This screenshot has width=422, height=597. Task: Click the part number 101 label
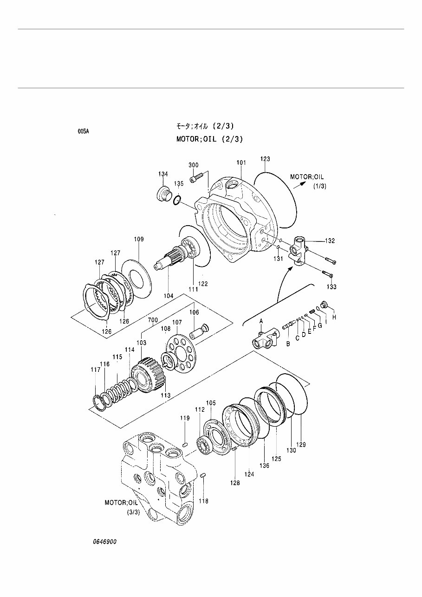(x=241, y=163)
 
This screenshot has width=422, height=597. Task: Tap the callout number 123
(x=265, y=159)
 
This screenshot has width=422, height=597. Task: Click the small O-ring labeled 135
(x=177, y=200)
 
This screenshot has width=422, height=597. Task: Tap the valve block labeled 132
(x=297, y=250)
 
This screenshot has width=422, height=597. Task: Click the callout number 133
(x=331, y=287)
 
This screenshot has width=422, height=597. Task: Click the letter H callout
(x=333, y=317)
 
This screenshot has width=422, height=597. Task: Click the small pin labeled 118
(x=203, y=475)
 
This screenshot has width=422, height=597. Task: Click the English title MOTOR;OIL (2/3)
(x=209, y=139)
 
